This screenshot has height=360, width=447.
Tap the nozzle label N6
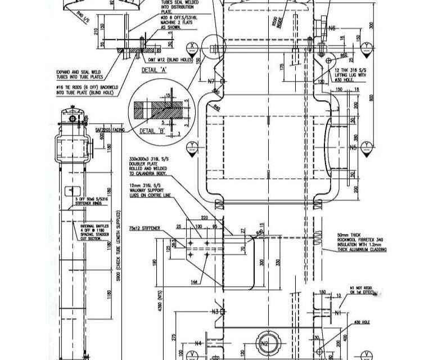pyautogui.click(x=332, y=28)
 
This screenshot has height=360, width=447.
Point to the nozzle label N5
pyautogui.click(x=353, y=148)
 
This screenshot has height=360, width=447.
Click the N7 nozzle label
pyautogui.click(x=211, y=82)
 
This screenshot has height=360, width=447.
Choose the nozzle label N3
pyautogui.click(x=214, y=312)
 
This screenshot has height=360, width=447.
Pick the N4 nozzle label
pyautogui.click(x=198, y=343)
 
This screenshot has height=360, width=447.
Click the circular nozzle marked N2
pyautogui.click(x=265, y=344)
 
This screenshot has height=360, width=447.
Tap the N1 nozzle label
pyautogui.click(x=338, y=312)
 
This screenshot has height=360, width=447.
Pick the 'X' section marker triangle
pyautogui.click(x=193, y=46)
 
